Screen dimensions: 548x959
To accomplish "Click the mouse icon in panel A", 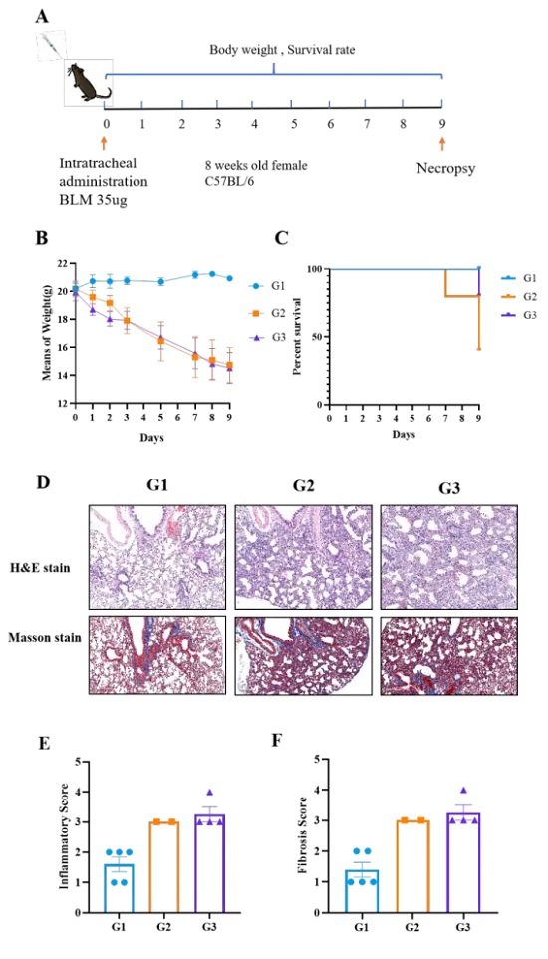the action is (x=88, y=82).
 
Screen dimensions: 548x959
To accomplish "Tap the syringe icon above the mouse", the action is (x=50, y=45).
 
